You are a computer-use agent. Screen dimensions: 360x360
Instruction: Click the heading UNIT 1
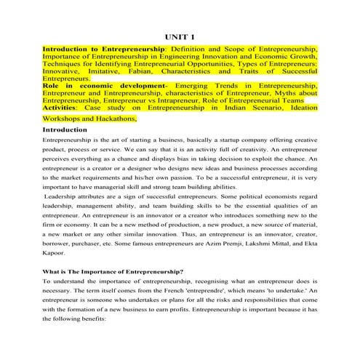[x=179, y=36]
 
